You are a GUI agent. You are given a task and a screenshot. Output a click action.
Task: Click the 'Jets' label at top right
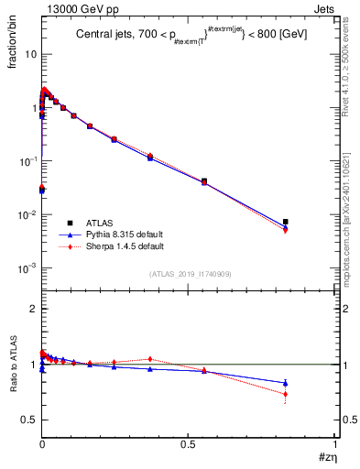point(324,8)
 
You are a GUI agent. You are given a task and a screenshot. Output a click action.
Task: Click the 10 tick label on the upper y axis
point(30,54)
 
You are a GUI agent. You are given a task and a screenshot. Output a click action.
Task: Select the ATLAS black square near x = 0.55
point(204,181)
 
